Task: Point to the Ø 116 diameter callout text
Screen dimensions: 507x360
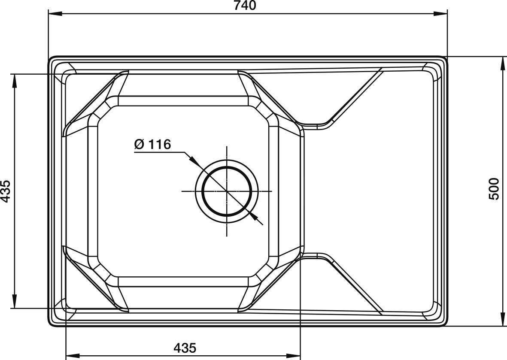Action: pyautogui.click(x=152, y=145)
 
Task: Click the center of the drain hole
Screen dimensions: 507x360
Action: pyautogui.click(x=227, y=191)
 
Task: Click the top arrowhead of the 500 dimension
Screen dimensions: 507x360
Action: pyautogui.click(x=503, y=63)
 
